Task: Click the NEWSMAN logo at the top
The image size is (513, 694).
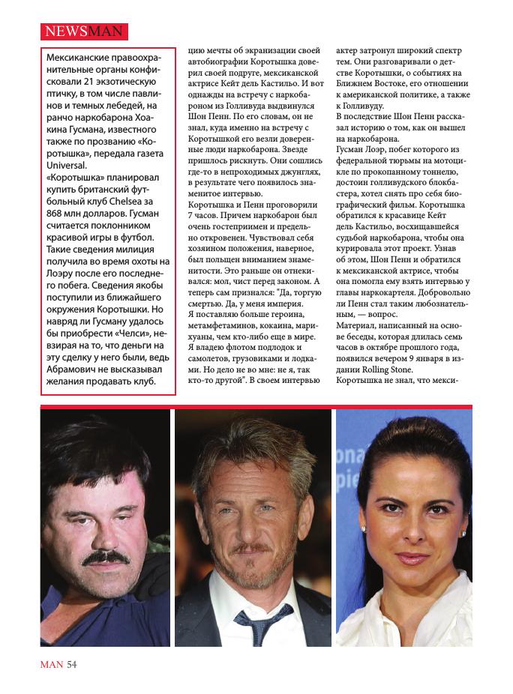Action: click(x=83, y=31)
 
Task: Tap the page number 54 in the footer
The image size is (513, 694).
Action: click(x=72, y=663)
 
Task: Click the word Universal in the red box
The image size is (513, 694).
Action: click(x=67, y=165)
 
